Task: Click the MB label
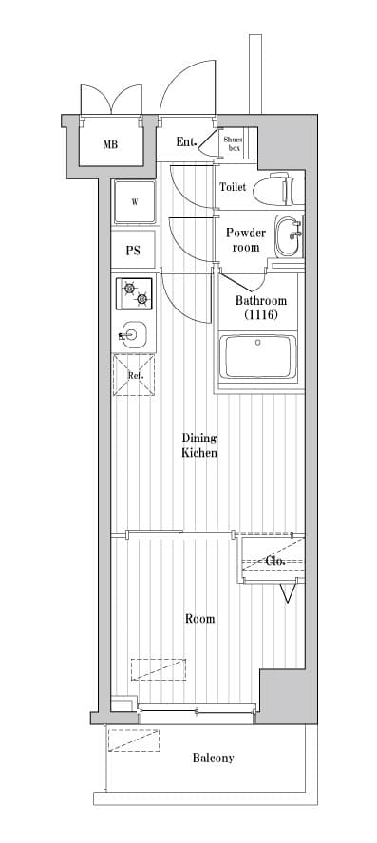pos(111,144)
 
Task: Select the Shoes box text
pos(234,143)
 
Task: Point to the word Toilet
pos(233,187)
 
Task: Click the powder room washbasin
pos(289,237)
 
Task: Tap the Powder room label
pos(245,240)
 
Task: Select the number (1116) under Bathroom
pos(261,315)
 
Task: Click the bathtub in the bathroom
pos(260,356)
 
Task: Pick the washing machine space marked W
pos(135,202)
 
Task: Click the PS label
pos(133,251)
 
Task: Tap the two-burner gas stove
pos(134,293)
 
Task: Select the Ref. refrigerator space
pos(134,375)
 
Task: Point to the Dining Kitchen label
pos(199,445)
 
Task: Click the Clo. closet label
pos(274,560)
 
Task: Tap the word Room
pos(200,619)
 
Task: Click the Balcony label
pos(214,759)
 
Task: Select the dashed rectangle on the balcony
pos(134,740)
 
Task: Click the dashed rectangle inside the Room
pos(159,669)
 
